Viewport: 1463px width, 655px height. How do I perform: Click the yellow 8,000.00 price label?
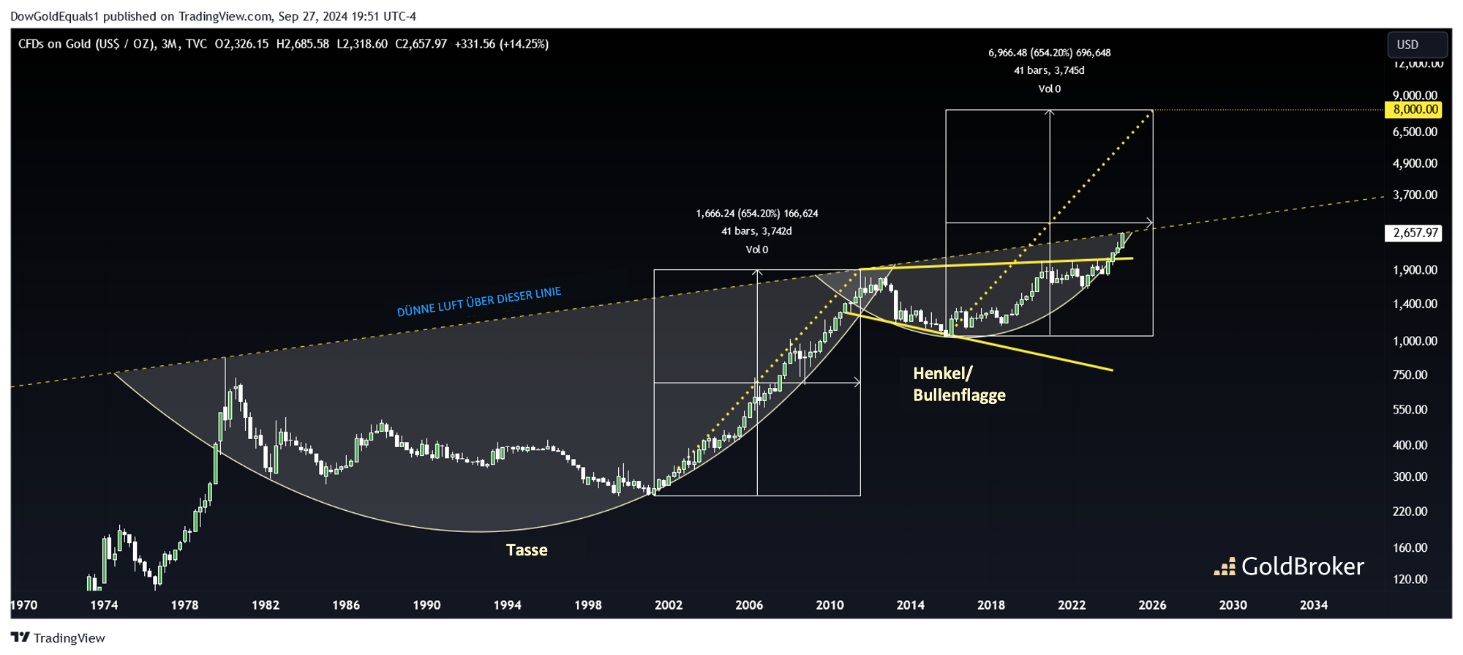coord(1415,110)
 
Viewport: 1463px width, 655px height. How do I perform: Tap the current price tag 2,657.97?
coord(1415,233)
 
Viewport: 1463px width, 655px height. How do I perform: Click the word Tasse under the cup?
coord(526,550)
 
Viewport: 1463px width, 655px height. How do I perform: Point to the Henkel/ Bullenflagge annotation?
coord(959,384)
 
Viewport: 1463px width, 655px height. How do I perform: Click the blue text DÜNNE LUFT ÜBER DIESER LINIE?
coord(479,302)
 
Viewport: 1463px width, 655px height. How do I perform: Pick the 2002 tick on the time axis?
coord(669,605)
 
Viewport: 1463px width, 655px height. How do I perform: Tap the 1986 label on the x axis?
coord(346,605)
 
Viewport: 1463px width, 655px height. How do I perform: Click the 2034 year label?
coord(1314,605)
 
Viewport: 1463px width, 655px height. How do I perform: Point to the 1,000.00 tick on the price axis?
coord(1415,341)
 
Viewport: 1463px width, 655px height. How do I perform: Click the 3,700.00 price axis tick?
coord(1415,195)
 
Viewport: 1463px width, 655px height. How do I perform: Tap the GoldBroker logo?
coord(1289,566)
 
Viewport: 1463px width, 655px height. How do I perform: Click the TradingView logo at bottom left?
coord(59,638)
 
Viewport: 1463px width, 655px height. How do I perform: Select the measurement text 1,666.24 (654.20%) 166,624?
coord(756,214)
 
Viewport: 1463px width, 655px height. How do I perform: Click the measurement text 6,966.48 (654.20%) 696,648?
coord(1049,53)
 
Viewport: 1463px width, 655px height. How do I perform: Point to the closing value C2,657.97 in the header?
coord(421,44)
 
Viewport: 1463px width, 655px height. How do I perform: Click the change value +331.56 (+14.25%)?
coord(501,44)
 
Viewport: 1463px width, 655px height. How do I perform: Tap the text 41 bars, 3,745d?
coord(1049,70)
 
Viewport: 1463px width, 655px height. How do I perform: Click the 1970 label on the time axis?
coord(24,605)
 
